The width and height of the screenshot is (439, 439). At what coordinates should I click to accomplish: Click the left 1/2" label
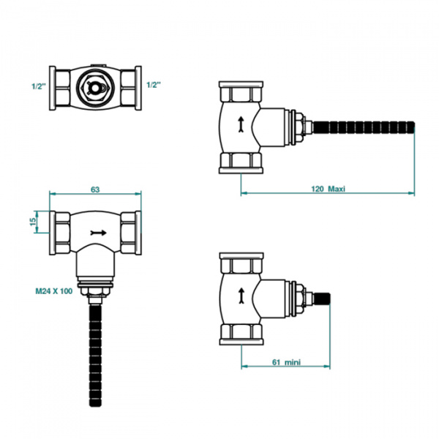point(39,86)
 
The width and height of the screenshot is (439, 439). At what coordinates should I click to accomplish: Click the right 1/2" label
point(154,85)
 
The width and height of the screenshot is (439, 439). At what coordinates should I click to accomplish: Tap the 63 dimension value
point(95,190)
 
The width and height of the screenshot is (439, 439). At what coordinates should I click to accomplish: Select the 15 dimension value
point(33,222)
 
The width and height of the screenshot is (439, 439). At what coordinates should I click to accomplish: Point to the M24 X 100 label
point(53,291)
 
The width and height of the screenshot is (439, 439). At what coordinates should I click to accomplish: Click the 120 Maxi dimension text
point(328,189)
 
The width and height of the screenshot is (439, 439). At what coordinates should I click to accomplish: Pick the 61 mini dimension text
point(286,362)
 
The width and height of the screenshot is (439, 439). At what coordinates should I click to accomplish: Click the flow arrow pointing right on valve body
point(99,233)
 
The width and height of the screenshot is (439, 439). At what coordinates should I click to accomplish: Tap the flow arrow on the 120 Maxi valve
point(241,124)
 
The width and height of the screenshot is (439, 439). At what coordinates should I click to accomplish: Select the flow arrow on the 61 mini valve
point(241,296)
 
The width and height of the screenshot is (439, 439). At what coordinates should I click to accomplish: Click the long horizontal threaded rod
point(364,127)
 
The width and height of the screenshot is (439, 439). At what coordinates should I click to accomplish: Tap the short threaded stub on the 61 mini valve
point(322,299)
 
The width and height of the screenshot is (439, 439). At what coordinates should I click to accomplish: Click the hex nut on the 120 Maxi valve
point(299,127)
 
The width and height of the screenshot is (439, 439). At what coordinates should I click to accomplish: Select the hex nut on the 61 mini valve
point(299,299)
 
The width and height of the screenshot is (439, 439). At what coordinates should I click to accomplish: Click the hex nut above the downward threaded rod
point(95,290)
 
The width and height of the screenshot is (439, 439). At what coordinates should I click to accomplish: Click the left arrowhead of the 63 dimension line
point(53,193)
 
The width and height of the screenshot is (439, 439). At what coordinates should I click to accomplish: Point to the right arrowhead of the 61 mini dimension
point(327,367)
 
